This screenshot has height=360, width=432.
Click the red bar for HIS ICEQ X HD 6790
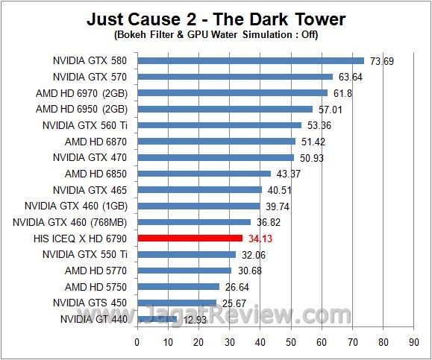[190, 239]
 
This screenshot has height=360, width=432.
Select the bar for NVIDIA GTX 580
[250, 60]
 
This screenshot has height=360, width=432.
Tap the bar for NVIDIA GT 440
[156, 319]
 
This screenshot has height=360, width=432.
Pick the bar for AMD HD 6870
[216, 141]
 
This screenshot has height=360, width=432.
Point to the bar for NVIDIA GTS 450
[176, 303]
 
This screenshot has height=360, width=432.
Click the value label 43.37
[287, 174]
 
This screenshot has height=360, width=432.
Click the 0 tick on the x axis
[137, 343]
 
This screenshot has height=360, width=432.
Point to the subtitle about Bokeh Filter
[216, 35]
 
